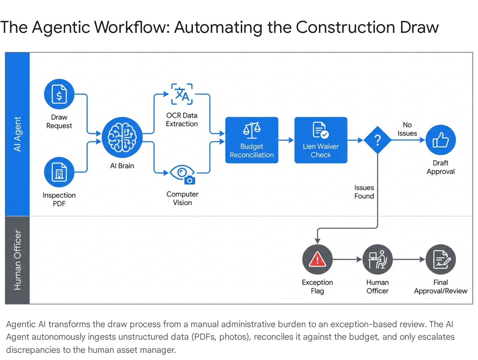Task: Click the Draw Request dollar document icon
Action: [59, 94]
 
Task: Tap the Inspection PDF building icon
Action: [59, 172]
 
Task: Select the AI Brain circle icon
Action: [122, 137]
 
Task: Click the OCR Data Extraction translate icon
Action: [182, 94]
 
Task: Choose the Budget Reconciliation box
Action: [252, 140]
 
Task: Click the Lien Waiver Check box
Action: [321, 140]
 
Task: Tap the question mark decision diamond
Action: [378, 140]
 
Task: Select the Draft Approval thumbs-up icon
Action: [440, 140]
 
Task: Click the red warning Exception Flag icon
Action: [317, 259]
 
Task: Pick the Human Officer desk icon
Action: [377, 259]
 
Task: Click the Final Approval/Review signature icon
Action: [440, 259]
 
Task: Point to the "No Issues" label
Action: [407, 129]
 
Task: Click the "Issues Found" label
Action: [364, 192]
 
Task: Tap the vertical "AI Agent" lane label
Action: [18, 134]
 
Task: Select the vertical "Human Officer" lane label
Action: [18, 260]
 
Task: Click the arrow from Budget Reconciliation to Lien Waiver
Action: [286, 140]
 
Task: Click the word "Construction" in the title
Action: [345, 27]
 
